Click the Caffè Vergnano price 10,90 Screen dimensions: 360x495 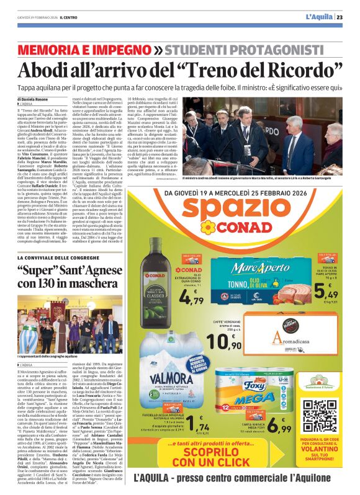[225, 339]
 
